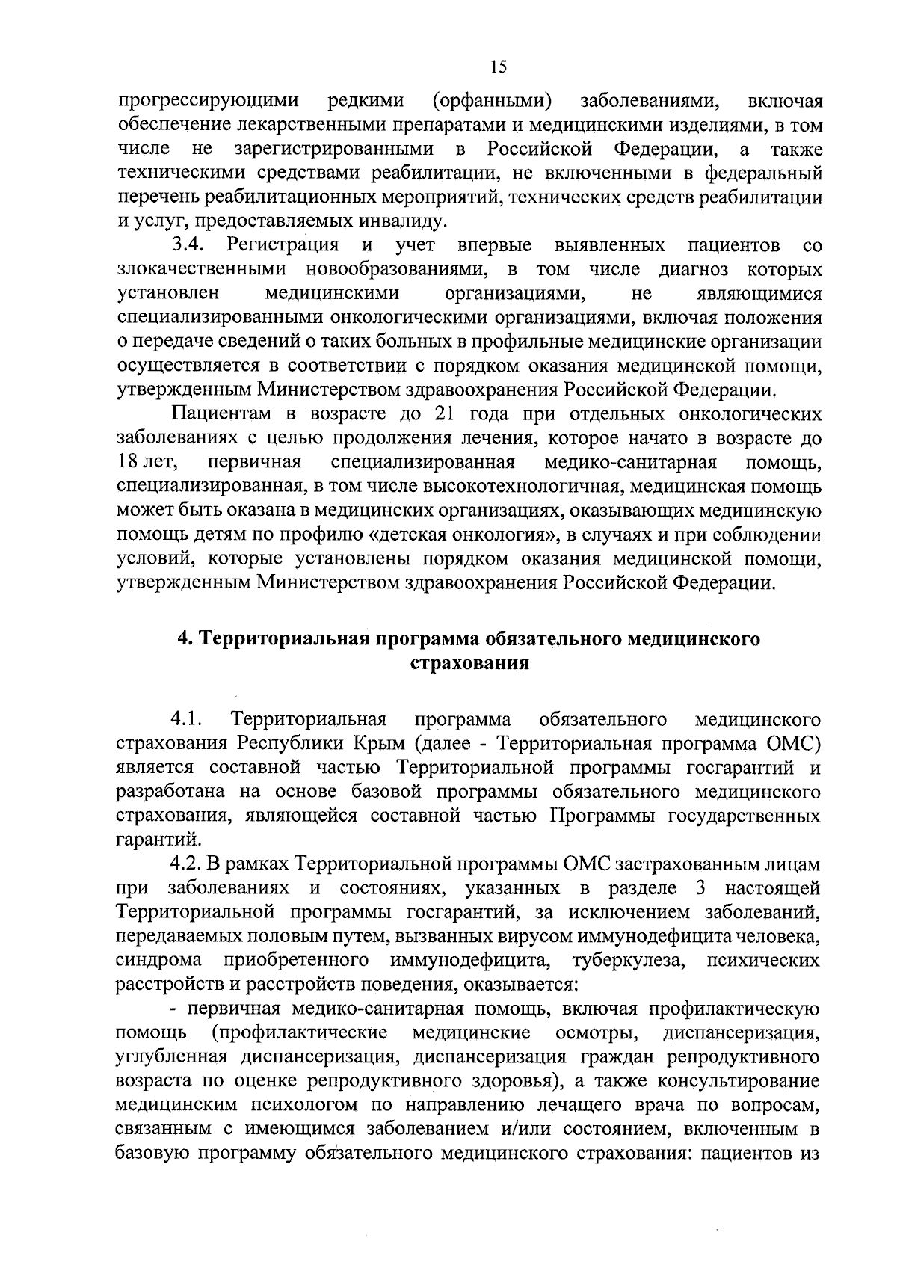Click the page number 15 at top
[x=499, y=67]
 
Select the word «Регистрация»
[x=283, y=244]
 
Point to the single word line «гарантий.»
[x=148, y=840]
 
